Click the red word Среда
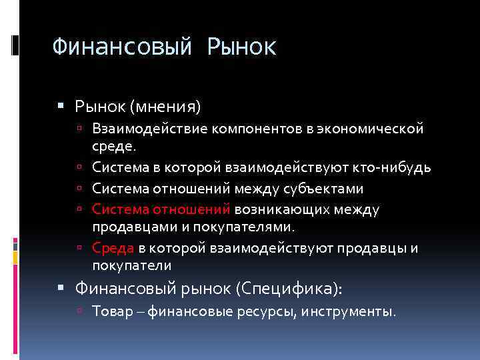coord(113,249)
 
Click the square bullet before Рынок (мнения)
coord(61,107)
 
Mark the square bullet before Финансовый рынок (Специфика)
coord(61,289)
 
